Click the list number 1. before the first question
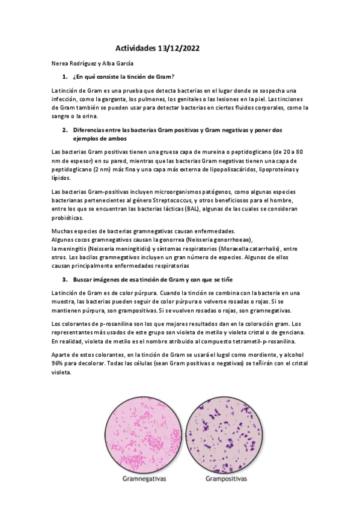click(x=65, y=77)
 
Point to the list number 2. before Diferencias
click(x=65, y=130)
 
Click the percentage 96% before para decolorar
click(x=61, y=363)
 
